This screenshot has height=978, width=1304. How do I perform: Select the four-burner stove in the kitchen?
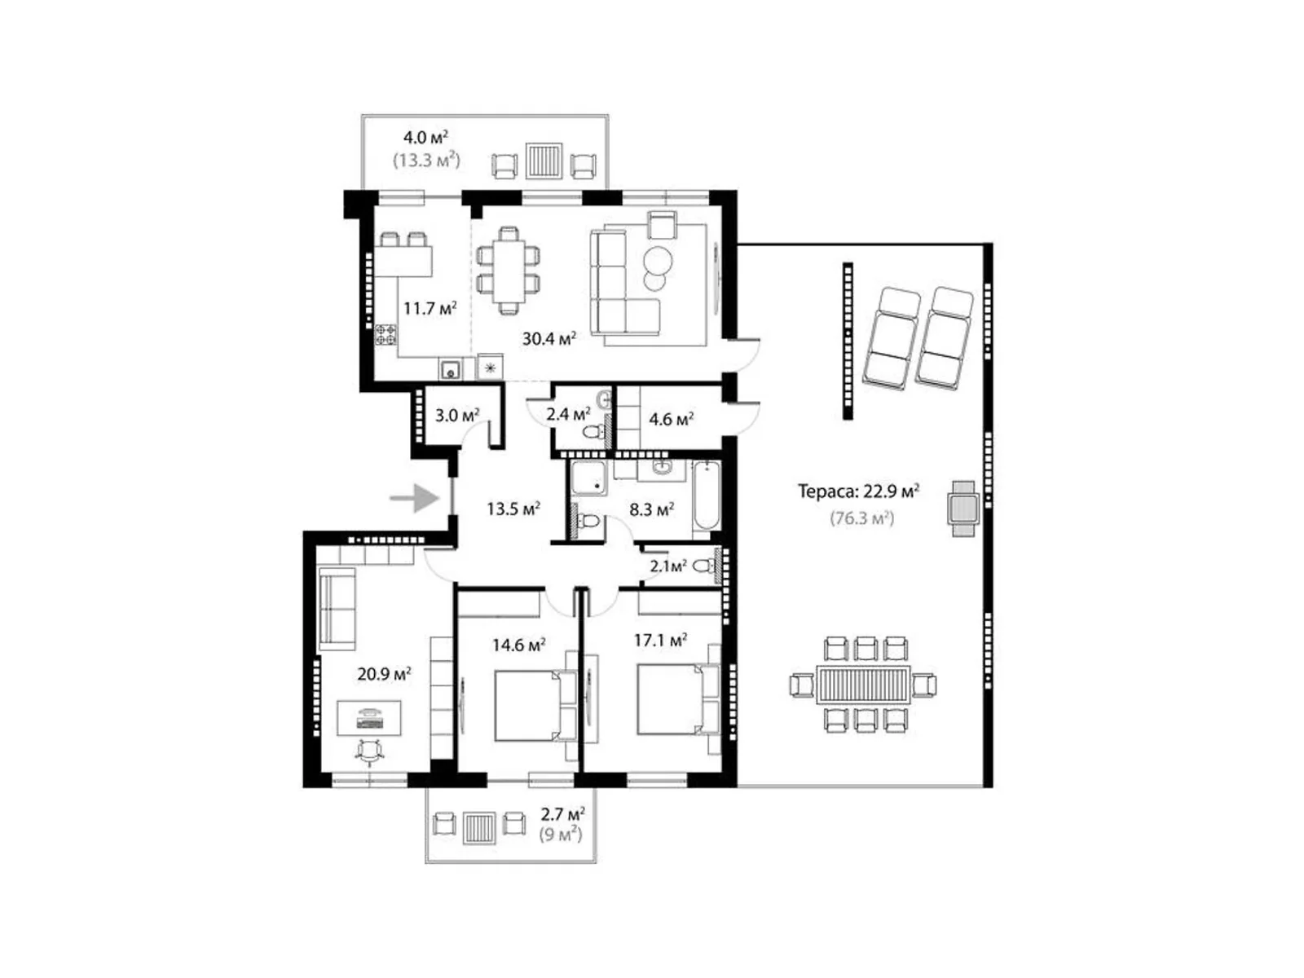[385, 335]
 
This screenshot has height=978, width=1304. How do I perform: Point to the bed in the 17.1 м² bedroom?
[676, 699]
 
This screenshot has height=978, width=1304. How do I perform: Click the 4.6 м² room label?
[671, 419]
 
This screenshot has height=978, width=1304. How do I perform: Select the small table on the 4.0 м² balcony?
[544, 160]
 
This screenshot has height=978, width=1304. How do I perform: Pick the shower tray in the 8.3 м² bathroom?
[588, 478]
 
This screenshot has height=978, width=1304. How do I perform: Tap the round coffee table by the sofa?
[658, 260]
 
